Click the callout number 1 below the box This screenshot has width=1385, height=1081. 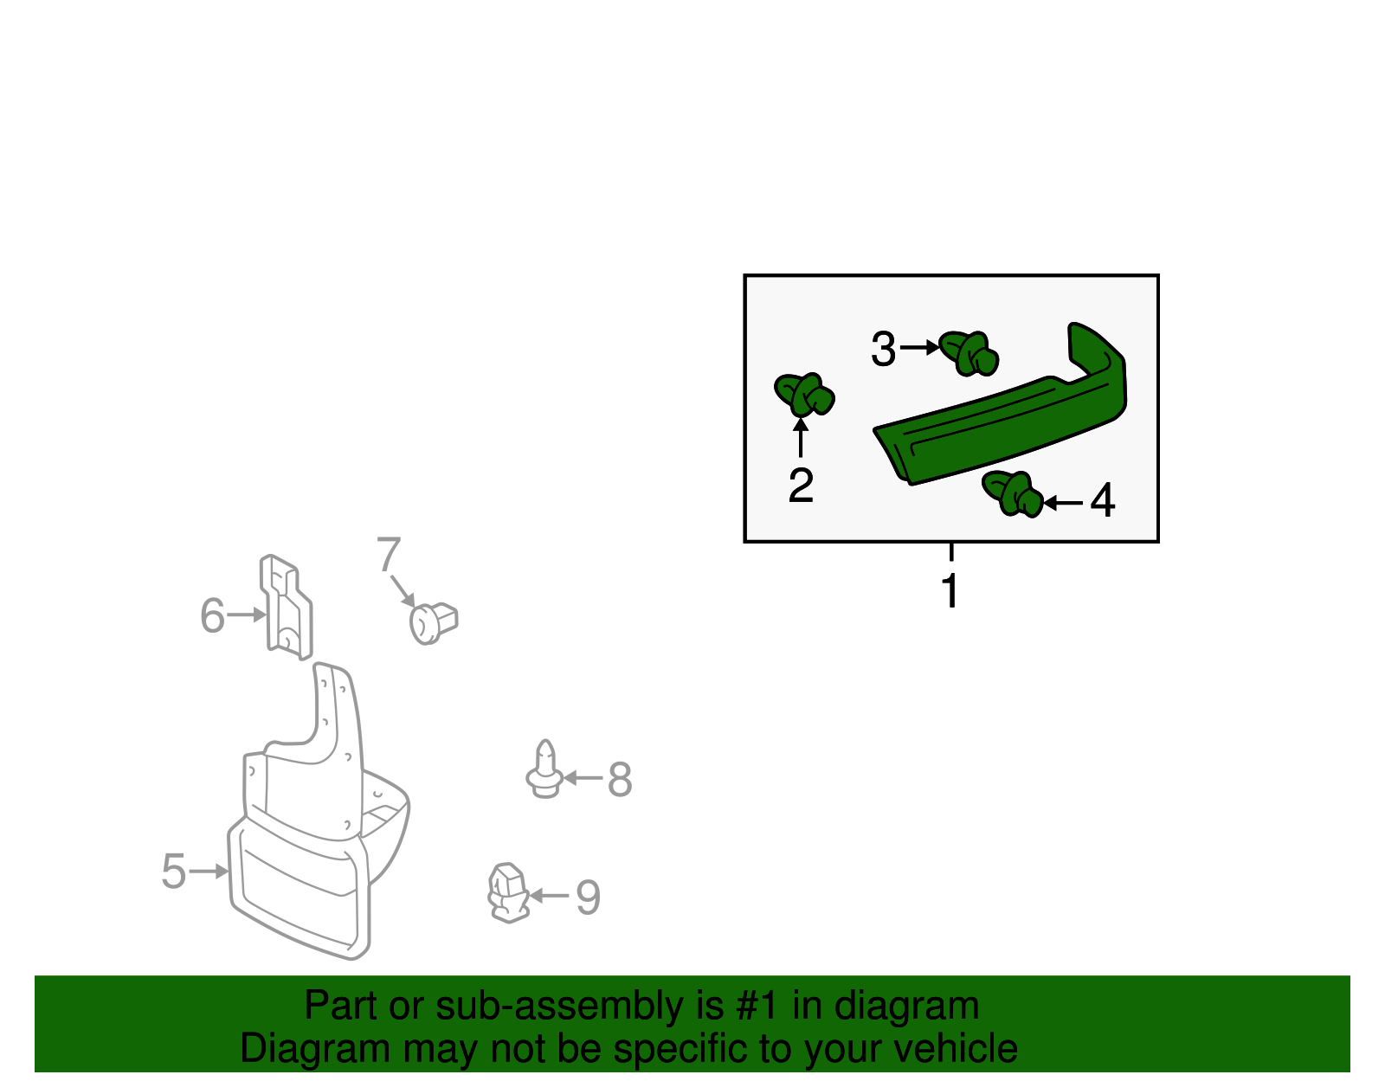[950, 592]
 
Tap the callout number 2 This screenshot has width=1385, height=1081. [801, 486]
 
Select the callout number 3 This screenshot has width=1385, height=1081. [883, 350]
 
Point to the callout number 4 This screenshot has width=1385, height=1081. [1102, 501]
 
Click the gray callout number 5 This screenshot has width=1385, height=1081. [174, 872]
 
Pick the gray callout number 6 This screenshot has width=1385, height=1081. [212, 616]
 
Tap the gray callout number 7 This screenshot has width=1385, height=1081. [389, 555]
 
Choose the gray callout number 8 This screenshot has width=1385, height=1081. [620, 779]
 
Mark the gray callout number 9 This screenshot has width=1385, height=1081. [588, 898]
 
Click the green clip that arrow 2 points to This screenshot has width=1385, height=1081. [804, 396]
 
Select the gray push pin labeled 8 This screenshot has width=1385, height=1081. [544, 770]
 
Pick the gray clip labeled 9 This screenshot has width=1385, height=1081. [508, 892]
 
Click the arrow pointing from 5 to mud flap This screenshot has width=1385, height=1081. [209, 872]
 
